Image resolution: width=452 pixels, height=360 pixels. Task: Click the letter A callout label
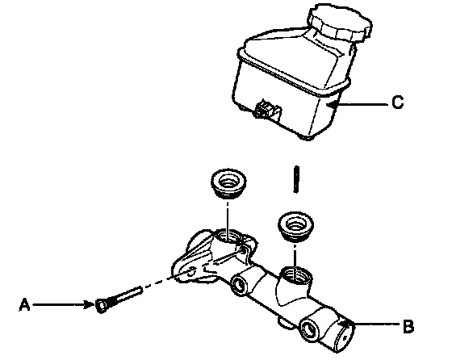coord(25,304)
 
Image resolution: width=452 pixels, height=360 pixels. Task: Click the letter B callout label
coord(408,327)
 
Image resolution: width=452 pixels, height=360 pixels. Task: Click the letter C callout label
coord(398,103)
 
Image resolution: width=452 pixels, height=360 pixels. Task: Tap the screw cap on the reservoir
coord(340,23)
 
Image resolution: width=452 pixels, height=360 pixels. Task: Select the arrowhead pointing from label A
coord(89,304)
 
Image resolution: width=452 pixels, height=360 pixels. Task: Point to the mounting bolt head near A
coord(102,307)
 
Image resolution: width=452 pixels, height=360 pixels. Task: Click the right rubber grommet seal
coord(295,226)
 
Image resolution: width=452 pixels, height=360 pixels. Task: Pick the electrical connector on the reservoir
coord(266,110)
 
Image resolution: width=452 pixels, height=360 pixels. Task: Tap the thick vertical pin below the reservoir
coord(296,179)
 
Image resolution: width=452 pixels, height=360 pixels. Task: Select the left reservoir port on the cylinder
coord(228,237)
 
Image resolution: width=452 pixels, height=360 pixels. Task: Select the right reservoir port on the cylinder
coord(296,275)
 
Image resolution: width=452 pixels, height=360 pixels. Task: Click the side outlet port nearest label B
coord(309,329)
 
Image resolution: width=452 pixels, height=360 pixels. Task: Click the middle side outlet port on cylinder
coord(239,285)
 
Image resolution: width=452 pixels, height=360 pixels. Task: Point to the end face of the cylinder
coord(345,337)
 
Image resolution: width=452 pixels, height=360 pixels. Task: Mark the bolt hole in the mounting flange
coord(191,271)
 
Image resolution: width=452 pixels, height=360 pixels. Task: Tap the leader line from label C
coord(359,104)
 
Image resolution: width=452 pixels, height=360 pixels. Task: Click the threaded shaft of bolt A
coord(125,295)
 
